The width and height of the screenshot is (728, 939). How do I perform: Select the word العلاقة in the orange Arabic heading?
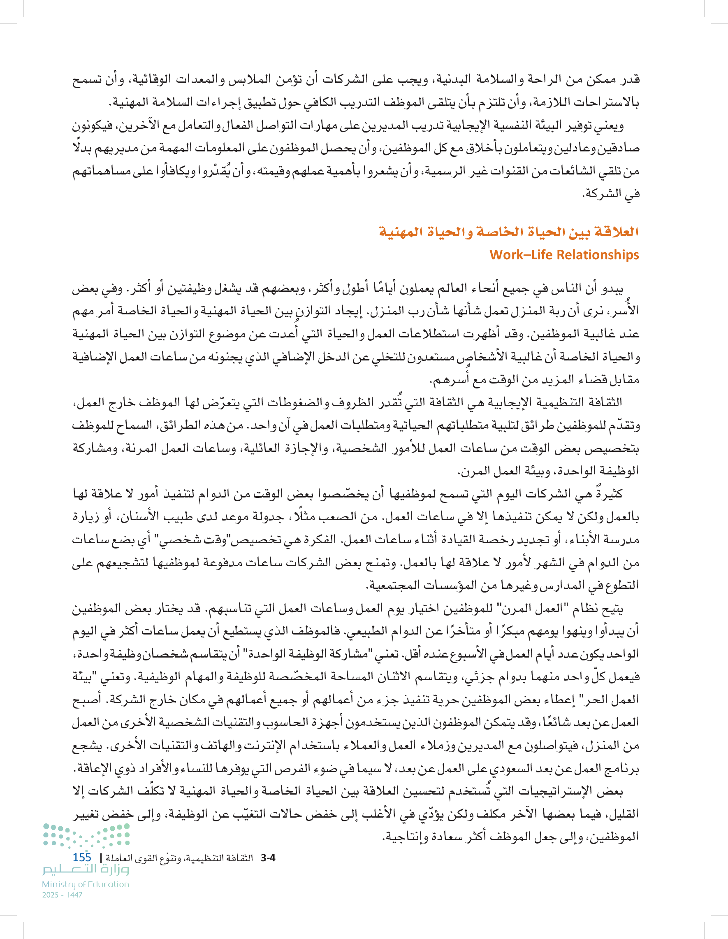[x=616, y=232]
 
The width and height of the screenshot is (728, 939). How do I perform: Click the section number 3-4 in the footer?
[x=268, y=858]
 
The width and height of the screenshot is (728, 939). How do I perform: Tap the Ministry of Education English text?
[x=85, y=884]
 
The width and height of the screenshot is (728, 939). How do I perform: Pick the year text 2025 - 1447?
[x=63, y=895]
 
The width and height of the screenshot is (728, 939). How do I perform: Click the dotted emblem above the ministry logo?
[x=86, y=835]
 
